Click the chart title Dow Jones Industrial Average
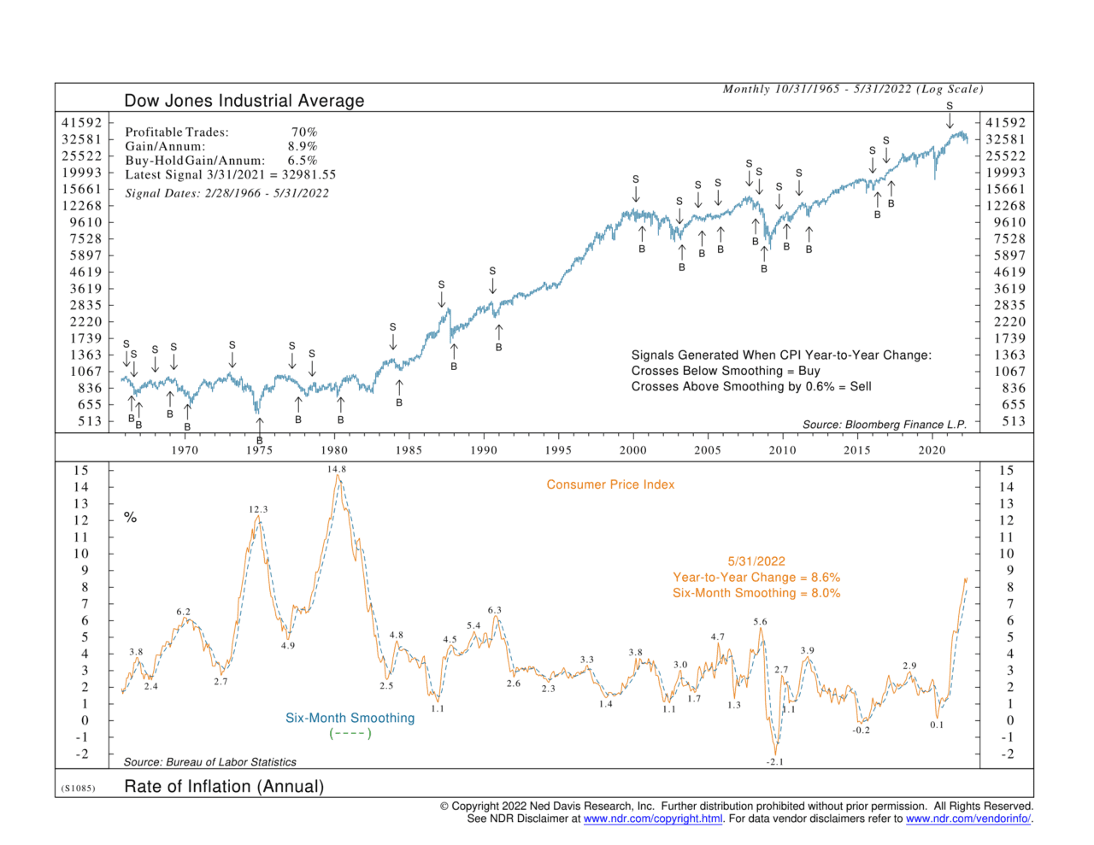(244, 101)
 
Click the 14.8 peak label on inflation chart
(337, 469)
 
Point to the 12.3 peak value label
(258, 509)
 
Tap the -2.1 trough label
(774, 761)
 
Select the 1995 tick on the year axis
(558, 450)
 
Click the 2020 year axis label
(932, 450)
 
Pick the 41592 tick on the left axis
(81, 122)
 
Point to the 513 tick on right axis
(1014, 421)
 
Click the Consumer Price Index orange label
(610, 484)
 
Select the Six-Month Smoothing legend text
(350, 718)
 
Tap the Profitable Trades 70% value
(304, 132)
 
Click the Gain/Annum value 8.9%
(302, 146)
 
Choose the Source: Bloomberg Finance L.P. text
(885, 425)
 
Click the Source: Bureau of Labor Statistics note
(209, 762)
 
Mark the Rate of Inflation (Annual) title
(224, 786)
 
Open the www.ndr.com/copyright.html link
(653, 819)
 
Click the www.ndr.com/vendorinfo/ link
(968, 819)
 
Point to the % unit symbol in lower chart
(130, 517)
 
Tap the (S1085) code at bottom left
(78, 788)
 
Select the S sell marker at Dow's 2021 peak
(950, 106)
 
